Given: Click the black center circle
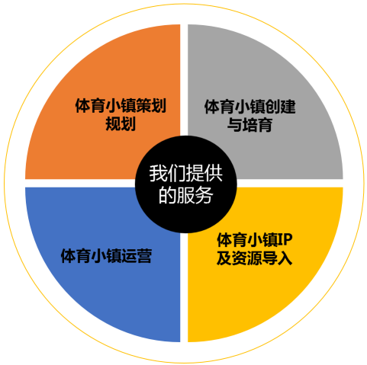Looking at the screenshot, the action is point(186,184).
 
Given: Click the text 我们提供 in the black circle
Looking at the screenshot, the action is point(186,174).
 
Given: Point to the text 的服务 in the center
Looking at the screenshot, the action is point(186,195).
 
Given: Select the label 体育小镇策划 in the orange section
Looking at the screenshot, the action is point(121,106).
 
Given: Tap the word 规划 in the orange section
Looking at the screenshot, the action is point(121,123).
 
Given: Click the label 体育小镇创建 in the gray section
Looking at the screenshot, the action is point(249,107).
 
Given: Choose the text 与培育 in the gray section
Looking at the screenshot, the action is point(249,125).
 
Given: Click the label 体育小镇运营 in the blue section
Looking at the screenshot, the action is point(106,256).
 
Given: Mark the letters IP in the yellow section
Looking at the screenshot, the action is point(285,239).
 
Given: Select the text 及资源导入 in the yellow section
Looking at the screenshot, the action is point(255,258).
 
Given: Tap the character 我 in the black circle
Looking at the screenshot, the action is point(158,174).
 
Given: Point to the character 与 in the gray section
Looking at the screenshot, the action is point(235,125).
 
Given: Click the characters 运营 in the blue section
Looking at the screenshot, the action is point(137,256).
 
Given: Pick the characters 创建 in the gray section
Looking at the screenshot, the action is point(280,107).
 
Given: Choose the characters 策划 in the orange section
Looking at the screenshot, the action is point(151,106).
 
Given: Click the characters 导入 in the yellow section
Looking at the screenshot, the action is point(277,258).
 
